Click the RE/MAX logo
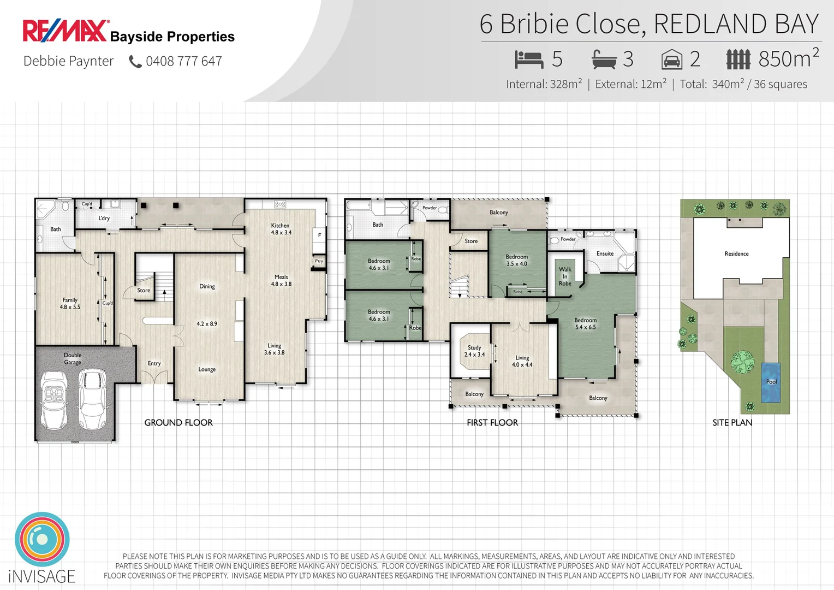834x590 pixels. coord(65,31)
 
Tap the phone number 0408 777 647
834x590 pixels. coord(183,61)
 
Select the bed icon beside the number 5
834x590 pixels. coord(528,59)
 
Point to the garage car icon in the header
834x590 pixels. coord(672,60)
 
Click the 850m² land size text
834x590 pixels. coord(788,58)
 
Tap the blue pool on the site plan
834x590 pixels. coord(771,382)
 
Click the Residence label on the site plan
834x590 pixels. coord(736,253)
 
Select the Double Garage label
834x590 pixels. coord(73,358)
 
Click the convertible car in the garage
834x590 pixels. coord(53,400)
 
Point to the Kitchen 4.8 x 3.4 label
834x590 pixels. coord(281,229)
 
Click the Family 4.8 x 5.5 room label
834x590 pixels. coord(70,304)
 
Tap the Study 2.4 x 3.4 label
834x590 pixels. coord(474,351)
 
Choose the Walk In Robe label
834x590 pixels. coord(565,276)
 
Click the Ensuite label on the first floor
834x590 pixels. coord(605,253)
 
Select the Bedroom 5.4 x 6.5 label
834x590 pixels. coord(585,323)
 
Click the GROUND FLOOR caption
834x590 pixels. coord(178,422)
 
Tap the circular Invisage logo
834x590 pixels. coord(42,539)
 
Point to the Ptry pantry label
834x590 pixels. coord(319,261)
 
